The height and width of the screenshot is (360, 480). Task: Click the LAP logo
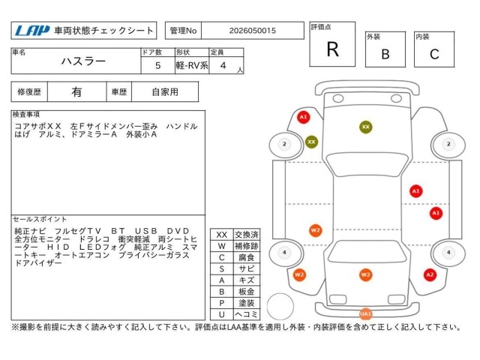pyautogui.click(x=32, y=30)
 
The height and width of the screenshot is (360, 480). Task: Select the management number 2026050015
pyautogui.click(x=253, y=31)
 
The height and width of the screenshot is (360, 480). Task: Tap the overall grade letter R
pyautogui.click(x=333, y=49)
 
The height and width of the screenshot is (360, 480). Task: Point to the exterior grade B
pyautogui.click(x=385, y=54)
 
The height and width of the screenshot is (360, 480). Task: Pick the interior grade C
pyautogui.click(x=434, y=54)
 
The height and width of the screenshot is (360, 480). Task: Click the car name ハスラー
pyautogui.click(x=83, y=61)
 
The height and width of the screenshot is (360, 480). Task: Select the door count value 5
pyautogui.click(x=158, y=65)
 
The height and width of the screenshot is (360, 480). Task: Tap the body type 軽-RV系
pyautogui.click(x=192, y=65)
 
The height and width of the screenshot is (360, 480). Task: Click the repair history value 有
pyautogui.click(x=76, y=91)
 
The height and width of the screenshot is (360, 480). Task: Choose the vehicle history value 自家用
pyautogui.click(x=165, y=91)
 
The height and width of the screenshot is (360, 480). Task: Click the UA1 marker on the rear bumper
pyautogui.click(x=365, y=313)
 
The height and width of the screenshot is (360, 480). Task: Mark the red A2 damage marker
pyautogui.click(x=430, y=274)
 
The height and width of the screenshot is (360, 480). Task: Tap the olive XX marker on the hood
pyautogui.click(x=366, y=127)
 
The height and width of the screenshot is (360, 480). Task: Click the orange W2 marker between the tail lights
pyautogui.click(x=365, y=274)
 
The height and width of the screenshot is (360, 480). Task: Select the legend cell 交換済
pyautogui.click(x=247, y=235)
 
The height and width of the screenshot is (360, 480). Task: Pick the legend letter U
pyautogui.click(x=222, y=314)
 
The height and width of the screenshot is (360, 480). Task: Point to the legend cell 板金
pyautogui.click(x=247, y=292)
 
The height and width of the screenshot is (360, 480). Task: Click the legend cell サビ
pyautogui.click(x=247, y=268)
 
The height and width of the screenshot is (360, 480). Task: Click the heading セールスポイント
pyautogui.click(x=40, y=219)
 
